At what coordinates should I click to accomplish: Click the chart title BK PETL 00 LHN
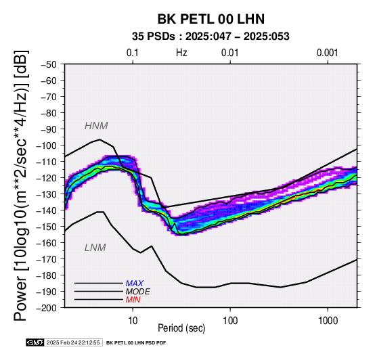[211, 19]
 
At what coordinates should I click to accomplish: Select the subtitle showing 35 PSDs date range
[211, 37]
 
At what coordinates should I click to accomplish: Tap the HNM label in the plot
[96, 126]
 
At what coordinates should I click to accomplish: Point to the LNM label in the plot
[95, 248]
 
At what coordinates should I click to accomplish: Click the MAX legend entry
[135, 284]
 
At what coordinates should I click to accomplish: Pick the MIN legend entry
[133, 300]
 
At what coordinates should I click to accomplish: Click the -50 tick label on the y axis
[49, 64]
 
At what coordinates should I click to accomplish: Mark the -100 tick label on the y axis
[47, 145]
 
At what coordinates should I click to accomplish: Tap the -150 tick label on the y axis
[47, 227]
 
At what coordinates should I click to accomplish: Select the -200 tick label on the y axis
[47, 308]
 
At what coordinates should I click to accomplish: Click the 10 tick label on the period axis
[133, 321]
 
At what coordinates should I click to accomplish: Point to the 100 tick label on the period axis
[230, 321]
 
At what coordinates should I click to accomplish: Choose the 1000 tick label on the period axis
[328, 321]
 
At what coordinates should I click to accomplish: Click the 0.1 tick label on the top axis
[133, 53]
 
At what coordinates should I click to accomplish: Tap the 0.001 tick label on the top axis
[328, 53]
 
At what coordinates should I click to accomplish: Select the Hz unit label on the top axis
[181, 53]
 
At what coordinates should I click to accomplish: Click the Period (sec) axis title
[181, 328]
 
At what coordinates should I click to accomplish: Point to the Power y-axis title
[20, 186]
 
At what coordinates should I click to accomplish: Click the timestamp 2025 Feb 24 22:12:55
[73, 342]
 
